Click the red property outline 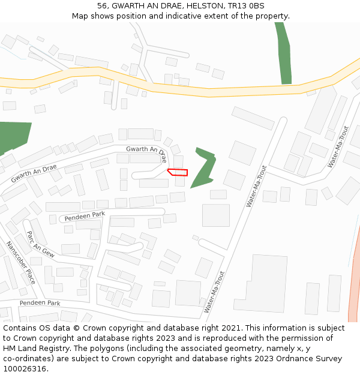178,172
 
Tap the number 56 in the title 103,6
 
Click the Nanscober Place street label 21,263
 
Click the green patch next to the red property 204,168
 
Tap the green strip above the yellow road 283,54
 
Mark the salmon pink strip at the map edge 354,276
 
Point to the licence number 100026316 24,369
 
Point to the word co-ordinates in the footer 27,359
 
